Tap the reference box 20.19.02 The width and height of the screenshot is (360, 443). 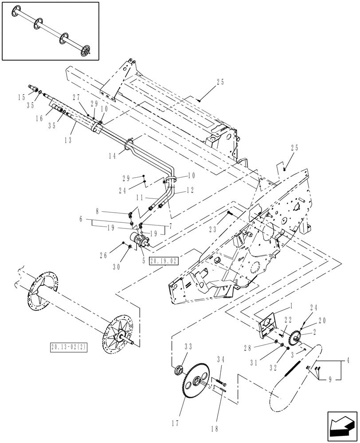click(164, 261)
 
